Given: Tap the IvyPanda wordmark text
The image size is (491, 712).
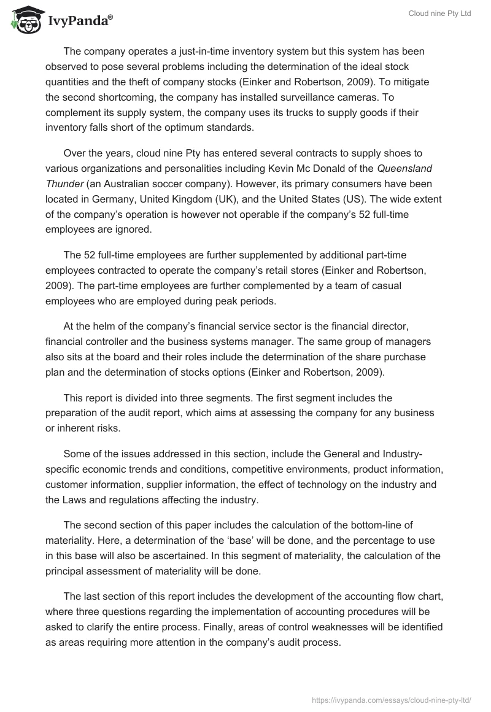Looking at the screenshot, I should tap(80, 20).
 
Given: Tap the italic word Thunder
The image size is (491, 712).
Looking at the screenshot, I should tap(62, 184).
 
